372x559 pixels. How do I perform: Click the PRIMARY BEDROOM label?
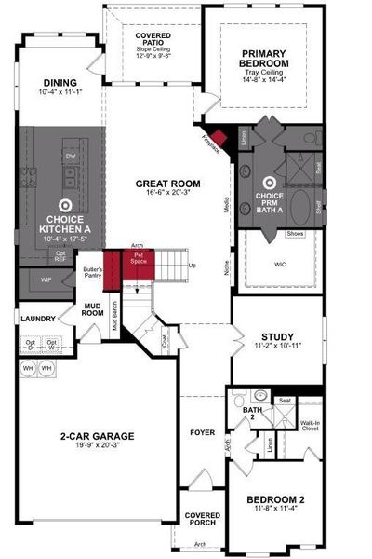tap(263, 59)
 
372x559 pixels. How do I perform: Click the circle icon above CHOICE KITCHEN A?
tap(65, 204)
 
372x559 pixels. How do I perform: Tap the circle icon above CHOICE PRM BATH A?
tap(270, 184)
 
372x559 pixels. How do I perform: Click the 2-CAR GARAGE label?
tap(96, 435)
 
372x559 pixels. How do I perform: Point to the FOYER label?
tap(202, 432)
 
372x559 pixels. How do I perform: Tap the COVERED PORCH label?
tap(202, 519)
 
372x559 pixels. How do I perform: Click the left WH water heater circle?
tap(27, 366)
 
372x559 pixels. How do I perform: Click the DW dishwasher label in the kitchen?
tap(69, 156)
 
